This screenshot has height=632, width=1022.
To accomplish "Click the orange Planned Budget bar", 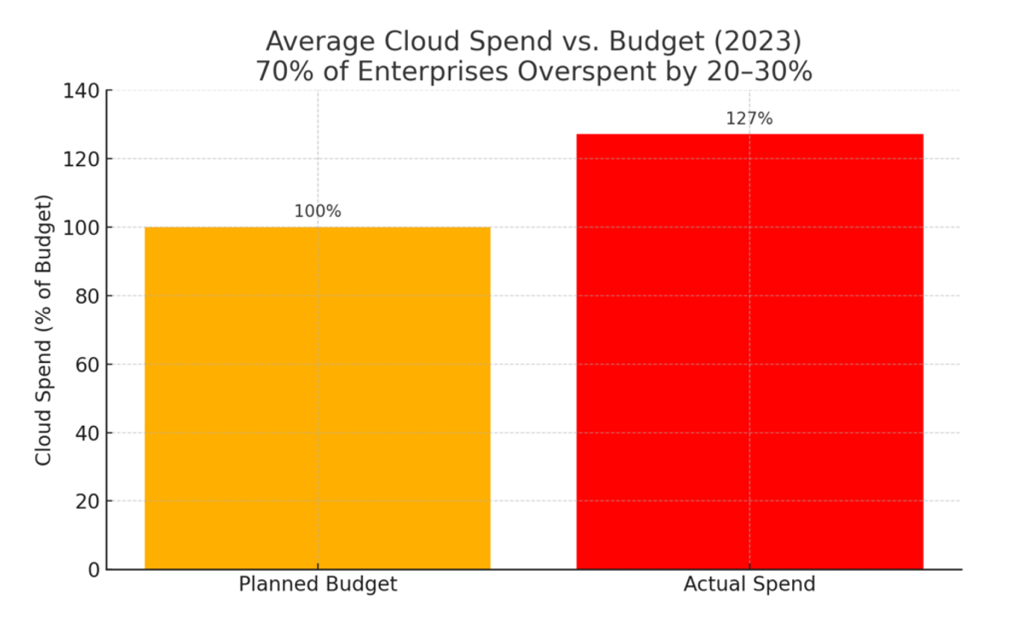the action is pyautogui.click(x=318, y=398).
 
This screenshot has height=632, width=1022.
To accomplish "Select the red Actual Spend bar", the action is pyautogui.click(x=749, y=352).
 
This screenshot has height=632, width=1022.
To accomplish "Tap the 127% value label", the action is pyautogui.click(x=749, y=119).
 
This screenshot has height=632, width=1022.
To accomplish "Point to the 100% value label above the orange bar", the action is pyautogui.click(x=318, y=211).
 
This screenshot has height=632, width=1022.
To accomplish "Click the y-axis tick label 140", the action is pyautogui.click(x=81, y=91).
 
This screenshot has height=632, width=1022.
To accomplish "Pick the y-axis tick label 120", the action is pyautogui.click(x=81, y=160).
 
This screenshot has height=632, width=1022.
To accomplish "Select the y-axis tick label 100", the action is pyautogui.click(x=81, y=228).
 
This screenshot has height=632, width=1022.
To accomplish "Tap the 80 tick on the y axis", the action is pyautogui.click(x=88, y=296).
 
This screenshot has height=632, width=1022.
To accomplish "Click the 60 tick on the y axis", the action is pyautogui.click(x=88, y=365).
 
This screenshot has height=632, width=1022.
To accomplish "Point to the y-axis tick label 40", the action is pyautogui.click(x=88, y=434).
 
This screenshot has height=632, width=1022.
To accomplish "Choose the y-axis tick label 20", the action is pyautogui.click(x=88, y=502).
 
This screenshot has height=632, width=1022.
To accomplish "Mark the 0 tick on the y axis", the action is pyautogui.click(x=94, y=570).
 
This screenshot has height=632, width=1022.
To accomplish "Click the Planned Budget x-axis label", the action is pyautogui.click(x=318, y=584).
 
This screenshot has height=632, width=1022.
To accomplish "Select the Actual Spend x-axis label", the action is pyautogui.click(x=749, y=584).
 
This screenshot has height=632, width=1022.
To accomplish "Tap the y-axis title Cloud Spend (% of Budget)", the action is pyautogui.click(x=43, y=330).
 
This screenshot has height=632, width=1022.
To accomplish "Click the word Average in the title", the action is pyautogui.click(x=320, y=42).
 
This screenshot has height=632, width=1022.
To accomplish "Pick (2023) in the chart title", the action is pyautogui.click(x=757, y=42).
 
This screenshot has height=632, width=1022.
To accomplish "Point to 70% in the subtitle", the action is pyautogui.click(x=284, y=72).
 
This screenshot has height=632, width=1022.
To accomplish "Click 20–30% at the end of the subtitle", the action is pyautogui.click(x=760, y=72).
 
